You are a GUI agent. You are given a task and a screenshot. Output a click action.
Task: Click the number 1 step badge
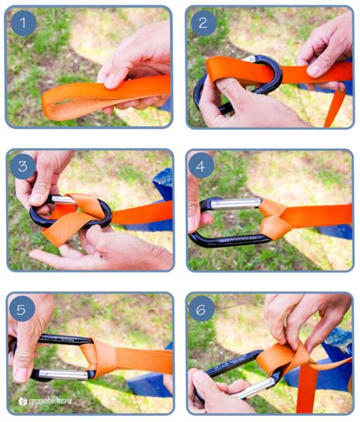24,24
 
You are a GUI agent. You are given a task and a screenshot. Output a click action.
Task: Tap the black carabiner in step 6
228,372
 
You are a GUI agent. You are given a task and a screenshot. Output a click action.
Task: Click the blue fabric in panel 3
159,190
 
